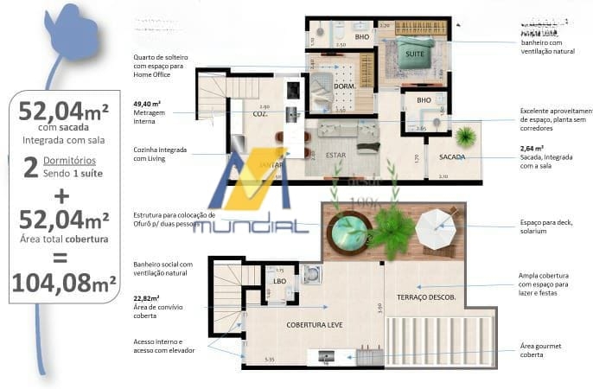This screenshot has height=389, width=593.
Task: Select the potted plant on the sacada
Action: (467, 137)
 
